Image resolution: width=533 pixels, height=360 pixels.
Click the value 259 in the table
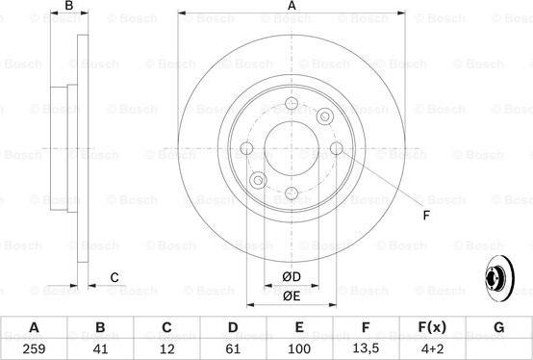click(34, 348)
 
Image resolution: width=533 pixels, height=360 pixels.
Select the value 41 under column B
click(100, 348)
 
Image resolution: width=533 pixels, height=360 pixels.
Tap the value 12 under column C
click(166, 348)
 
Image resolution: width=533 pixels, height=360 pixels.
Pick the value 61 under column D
click(233, 348)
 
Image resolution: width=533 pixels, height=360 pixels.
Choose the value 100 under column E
click(299, 348)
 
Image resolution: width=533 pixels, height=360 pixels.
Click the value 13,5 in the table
click(366, 348)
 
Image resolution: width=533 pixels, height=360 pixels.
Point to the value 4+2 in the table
click(432, 348)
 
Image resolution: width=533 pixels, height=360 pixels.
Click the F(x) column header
click(432, 327)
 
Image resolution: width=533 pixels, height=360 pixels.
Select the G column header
click(498, 327)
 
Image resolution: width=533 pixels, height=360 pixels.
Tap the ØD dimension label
click(292, 276)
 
